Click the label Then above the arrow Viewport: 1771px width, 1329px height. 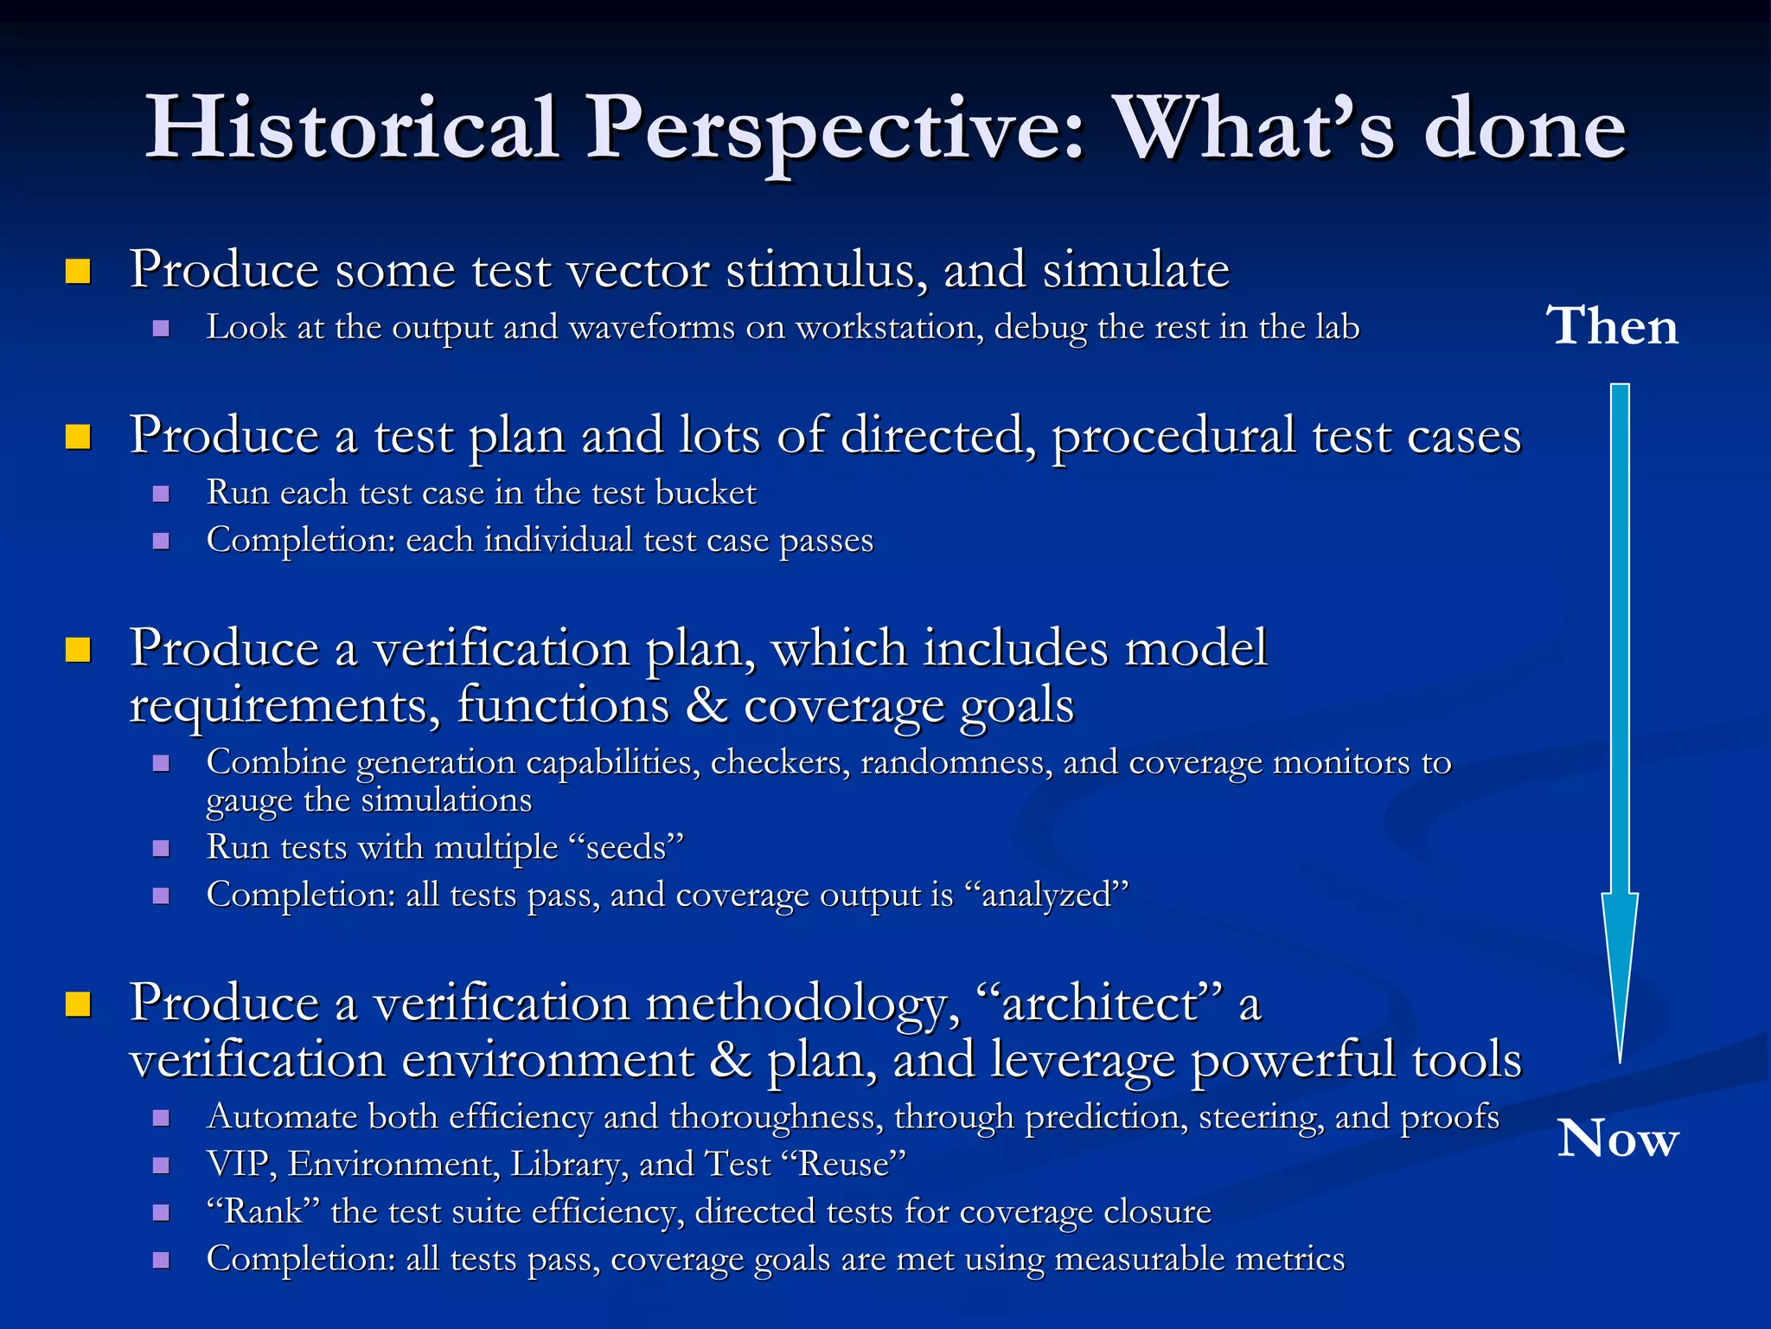[1612, 326]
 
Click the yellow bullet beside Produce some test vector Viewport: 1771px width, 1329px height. [79, 272]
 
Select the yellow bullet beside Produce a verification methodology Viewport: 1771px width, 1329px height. [79, 1005]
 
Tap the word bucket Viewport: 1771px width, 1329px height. [706, 492]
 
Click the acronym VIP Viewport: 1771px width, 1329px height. [241, 1164]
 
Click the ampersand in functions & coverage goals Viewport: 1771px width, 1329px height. [706, 704]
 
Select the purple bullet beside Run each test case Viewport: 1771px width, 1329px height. [161, 494]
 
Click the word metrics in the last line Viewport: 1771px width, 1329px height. [1290, 1259]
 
